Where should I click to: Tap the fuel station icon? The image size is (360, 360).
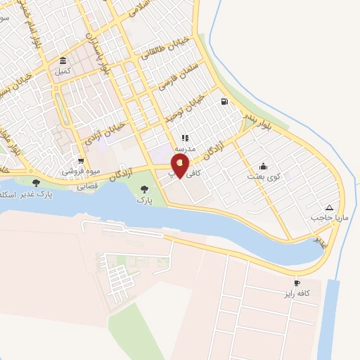224,101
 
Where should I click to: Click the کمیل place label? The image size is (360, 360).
63,71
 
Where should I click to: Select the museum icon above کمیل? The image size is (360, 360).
63,60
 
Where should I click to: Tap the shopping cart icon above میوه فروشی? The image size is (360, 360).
81,161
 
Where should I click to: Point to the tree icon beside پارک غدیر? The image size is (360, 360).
36,183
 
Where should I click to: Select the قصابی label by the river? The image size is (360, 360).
86,186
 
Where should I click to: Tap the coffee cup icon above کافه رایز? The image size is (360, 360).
307,283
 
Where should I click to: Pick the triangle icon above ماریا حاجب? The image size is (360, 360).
329,207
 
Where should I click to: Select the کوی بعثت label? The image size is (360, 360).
263,176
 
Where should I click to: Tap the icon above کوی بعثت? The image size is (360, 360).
263,166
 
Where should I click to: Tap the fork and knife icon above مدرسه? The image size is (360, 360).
185,139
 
